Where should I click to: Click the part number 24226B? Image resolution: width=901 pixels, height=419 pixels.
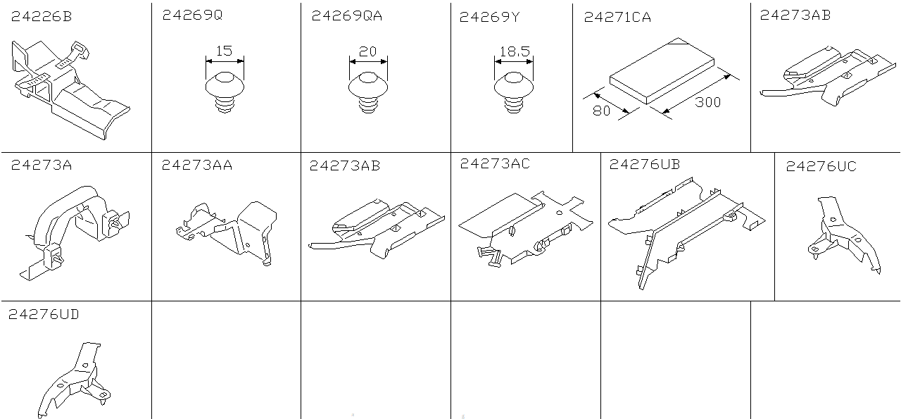(42, 16)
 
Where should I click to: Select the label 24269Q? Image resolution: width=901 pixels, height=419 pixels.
(192, 15)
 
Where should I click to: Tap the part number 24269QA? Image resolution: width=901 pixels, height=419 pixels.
(347, 15)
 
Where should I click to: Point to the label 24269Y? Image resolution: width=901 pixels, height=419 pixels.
(489, 18)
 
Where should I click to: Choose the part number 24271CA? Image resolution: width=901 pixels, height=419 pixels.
(617, 18)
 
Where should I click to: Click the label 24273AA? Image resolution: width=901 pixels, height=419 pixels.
(197, 165)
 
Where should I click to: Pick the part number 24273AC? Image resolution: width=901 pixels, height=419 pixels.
(495, 164)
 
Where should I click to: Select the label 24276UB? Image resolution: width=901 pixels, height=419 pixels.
(645, 165)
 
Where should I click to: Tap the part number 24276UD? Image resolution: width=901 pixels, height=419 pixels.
(44, 314)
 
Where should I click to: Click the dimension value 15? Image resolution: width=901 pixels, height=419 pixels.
(224, 51)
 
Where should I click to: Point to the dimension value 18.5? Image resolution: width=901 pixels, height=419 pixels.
(515, 51)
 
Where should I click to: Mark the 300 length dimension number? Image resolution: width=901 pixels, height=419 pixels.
(708, 102)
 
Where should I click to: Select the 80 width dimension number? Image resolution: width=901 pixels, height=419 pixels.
(602, 111)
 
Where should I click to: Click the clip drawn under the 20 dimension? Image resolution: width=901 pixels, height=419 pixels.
(368, 92)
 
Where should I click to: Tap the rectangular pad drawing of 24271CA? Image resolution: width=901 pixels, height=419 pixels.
(662, 71)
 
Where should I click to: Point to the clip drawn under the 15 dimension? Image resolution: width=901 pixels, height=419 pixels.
(225, 92)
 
